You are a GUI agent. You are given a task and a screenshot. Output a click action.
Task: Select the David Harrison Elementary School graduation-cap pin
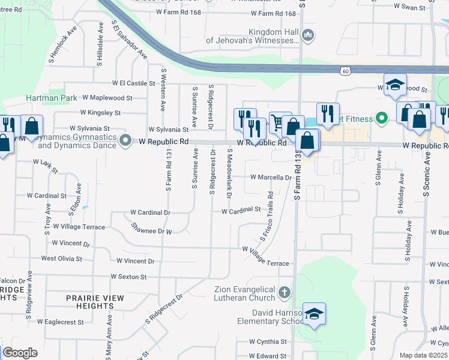[x=313, y=314]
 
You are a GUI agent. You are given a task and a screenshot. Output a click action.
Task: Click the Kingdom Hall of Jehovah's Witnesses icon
[x=309, y=35]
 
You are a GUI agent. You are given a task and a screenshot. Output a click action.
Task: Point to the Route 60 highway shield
[x=345, y=71]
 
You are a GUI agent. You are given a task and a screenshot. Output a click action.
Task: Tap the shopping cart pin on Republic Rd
[x=278, y=122]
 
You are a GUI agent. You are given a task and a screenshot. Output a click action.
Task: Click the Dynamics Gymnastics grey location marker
[x=125, y=142]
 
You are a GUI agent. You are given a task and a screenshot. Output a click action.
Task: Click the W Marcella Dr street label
[x=270, y=178]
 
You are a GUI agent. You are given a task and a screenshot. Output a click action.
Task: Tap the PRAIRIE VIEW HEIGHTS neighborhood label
[x=95, y=302]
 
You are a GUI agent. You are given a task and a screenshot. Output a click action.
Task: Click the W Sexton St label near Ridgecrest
[x=128, y=277]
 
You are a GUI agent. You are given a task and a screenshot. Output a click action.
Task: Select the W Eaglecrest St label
[x=60, y=322]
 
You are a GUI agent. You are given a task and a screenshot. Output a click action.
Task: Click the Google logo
[x=20, y=353]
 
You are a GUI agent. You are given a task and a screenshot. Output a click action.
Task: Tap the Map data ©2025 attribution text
[x=423, y=355]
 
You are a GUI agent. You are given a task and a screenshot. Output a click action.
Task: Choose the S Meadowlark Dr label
[x=229, y=174]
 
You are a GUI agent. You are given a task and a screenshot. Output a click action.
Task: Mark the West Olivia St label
[x=61, y=259]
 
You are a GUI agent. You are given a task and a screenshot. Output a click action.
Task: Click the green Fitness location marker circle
[x=381, y=118]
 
